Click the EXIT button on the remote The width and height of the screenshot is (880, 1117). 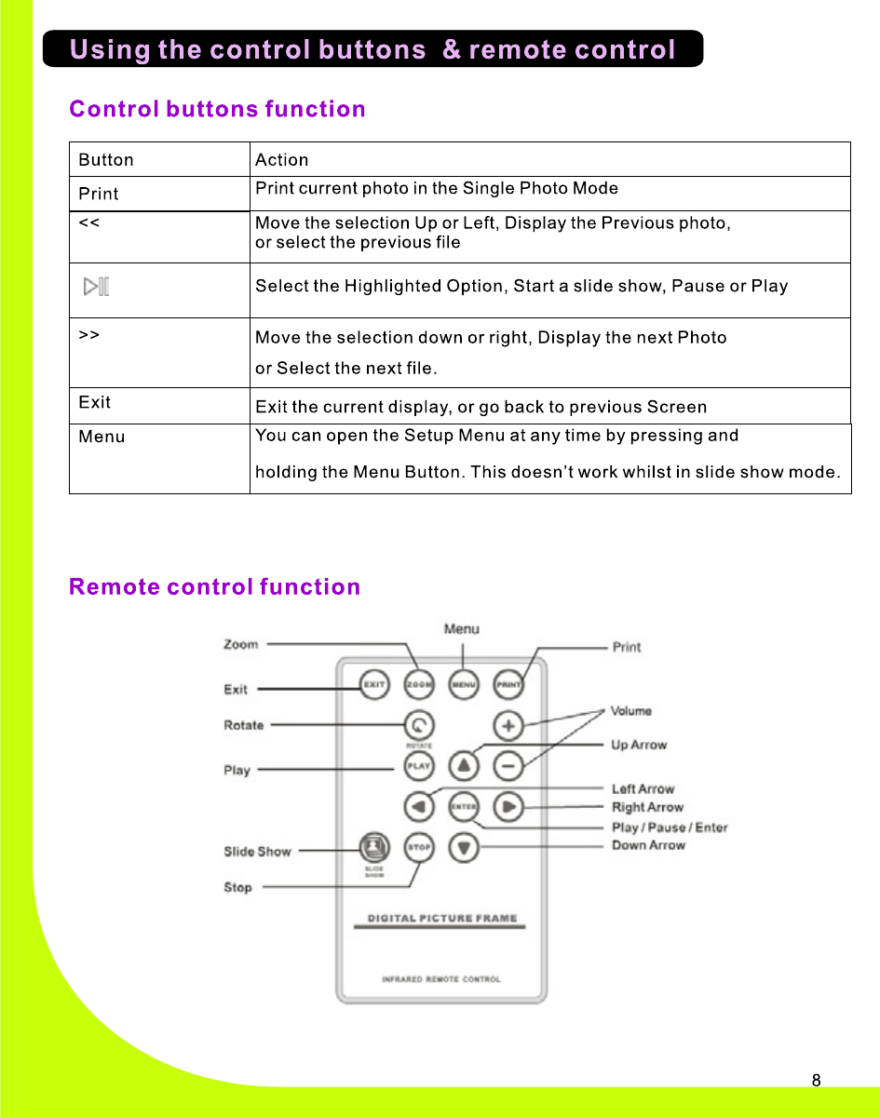374,685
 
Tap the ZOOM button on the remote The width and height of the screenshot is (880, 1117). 419,685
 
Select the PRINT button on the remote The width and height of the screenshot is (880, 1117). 508,685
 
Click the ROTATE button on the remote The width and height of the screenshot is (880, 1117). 419,724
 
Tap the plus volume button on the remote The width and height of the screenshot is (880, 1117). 508,724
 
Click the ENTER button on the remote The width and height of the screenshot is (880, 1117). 464,806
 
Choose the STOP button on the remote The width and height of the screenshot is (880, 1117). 419,847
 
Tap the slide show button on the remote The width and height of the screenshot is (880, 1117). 374,847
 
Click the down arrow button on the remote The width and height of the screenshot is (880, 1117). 464,847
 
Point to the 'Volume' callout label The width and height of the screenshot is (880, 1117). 631,711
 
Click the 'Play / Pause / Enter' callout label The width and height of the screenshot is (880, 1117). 670,828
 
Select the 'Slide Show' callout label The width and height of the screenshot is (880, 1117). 257,852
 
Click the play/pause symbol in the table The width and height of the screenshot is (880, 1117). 96,287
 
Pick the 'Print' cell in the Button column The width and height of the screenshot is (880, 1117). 99,195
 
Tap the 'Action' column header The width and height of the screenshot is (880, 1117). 281,160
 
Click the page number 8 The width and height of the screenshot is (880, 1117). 817,1081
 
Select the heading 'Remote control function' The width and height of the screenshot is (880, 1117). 215,587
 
